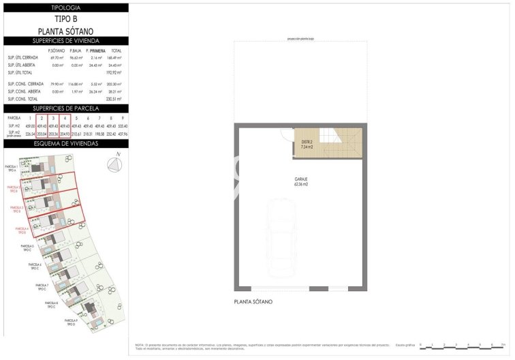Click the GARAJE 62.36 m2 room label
point(302,182)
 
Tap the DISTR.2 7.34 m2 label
point(306,144)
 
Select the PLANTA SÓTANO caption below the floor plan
point(253,301)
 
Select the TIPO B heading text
point(65,20)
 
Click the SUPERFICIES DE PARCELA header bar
point(65,108)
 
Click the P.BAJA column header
point(76,51)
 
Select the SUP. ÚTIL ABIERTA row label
point(21,65)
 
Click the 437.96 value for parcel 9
point(122,134)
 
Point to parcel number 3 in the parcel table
point(53,118)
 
